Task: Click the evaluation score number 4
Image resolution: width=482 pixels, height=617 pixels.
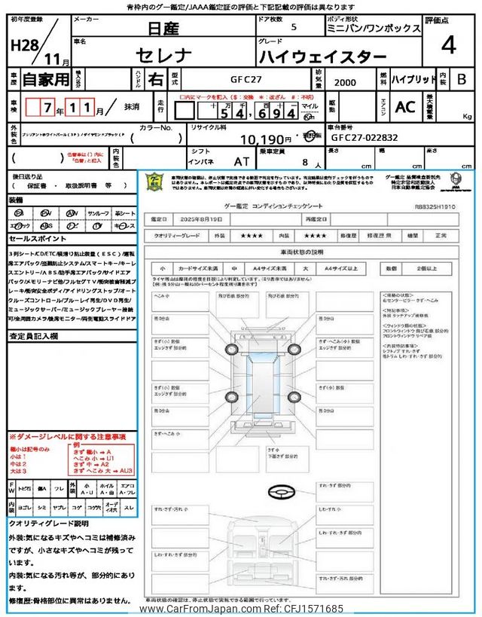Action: (x=448, y=46)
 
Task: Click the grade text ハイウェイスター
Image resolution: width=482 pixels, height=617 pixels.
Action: (x=323, y=57)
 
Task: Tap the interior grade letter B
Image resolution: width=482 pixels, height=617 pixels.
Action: (x=462, y=79)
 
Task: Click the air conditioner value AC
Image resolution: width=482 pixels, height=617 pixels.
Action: (x=405, y=107)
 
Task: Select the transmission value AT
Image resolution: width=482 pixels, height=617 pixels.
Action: (x=242, y=160)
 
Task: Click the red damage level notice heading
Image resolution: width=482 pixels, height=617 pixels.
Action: (x=68, y=437)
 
